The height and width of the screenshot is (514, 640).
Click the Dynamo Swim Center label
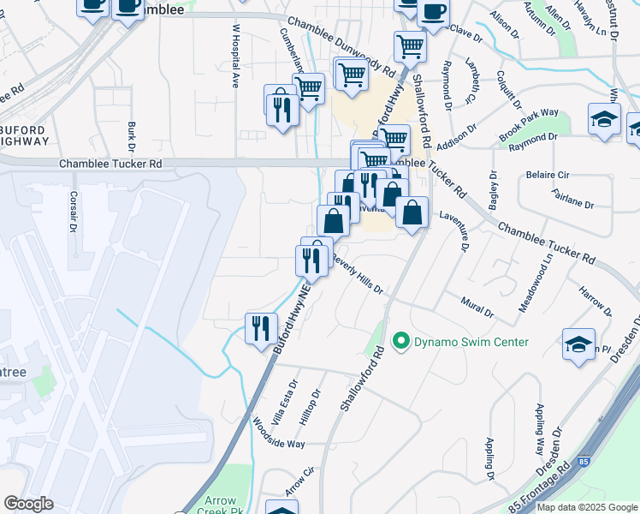tap(471, 342)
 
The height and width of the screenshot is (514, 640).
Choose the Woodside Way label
tap(278, 433)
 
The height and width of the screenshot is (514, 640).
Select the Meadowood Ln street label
tap(536, 282)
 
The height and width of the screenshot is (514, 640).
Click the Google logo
tap(28, 504)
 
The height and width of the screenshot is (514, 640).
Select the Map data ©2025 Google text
tap(587, 507)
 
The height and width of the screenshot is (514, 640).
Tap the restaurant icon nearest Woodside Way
tap(261, 328)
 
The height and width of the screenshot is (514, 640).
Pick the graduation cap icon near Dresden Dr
tap(578, 344)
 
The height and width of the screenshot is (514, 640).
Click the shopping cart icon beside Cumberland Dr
tap(308, 87)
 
